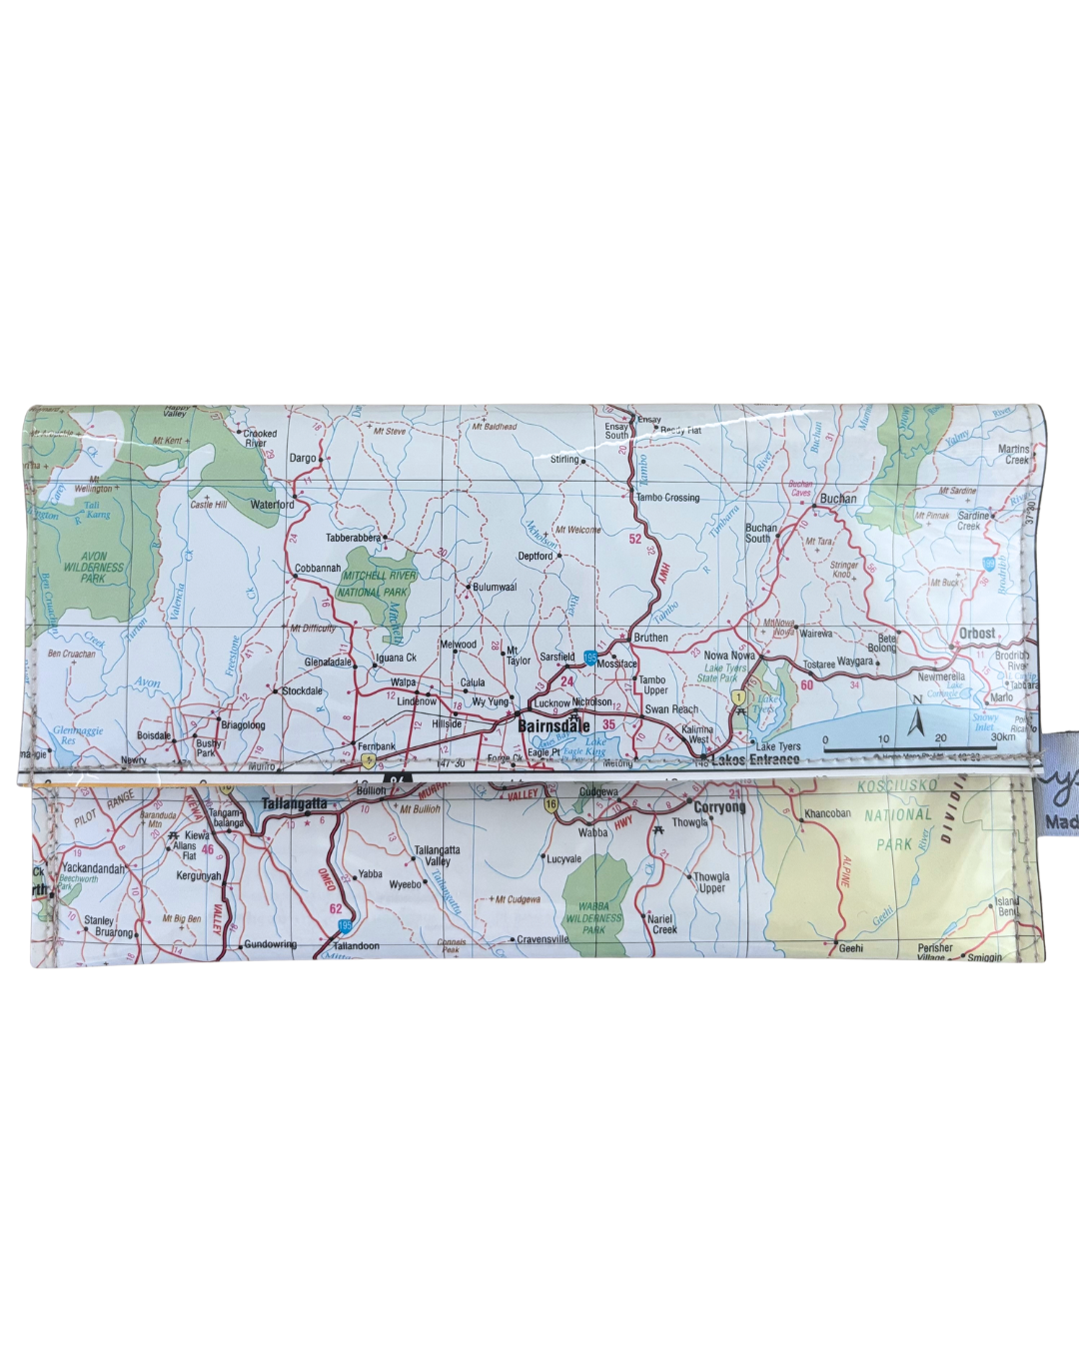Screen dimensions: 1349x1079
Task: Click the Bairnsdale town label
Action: click(553, 726)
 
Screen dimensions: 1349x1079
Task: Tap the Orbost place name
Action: click(976, 634)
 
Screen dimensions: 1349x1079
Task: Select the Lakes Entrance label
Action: click(755, 760)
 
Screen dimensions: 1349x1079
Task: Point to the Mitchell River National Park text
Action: click(377, 584)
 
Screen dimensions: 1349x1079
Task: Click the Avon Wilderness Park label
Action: click(93, 567)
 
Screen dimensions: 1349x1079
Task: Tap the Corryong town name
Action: click(719, 807)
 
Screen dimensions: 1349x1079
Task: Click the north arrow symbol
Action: click(915, 720)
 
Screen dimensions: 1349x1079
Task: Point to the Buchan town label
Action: click(838, 499)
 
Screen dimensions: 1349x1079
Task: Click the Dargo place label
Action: click(302, 459)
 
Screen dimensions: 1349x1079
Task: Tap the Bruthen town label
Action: click(650, 638)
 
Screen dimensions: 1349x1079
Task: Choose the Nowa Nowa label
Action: click(729, 656)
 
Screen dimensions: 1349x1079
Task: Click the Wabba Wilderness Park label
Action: click(593, 918)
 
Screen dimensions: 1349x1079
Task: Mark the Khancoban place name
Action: click(828, 814)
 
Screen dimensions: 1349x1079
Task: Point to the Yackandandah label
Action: click(93, 868)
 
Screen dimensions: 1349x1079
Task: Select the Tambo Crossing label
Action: click(667, 498)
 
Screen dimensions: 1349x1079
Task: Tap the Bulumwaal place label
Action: click(495, 588)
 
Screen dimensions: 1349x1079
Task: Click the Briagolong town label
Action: click(243, 725)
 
